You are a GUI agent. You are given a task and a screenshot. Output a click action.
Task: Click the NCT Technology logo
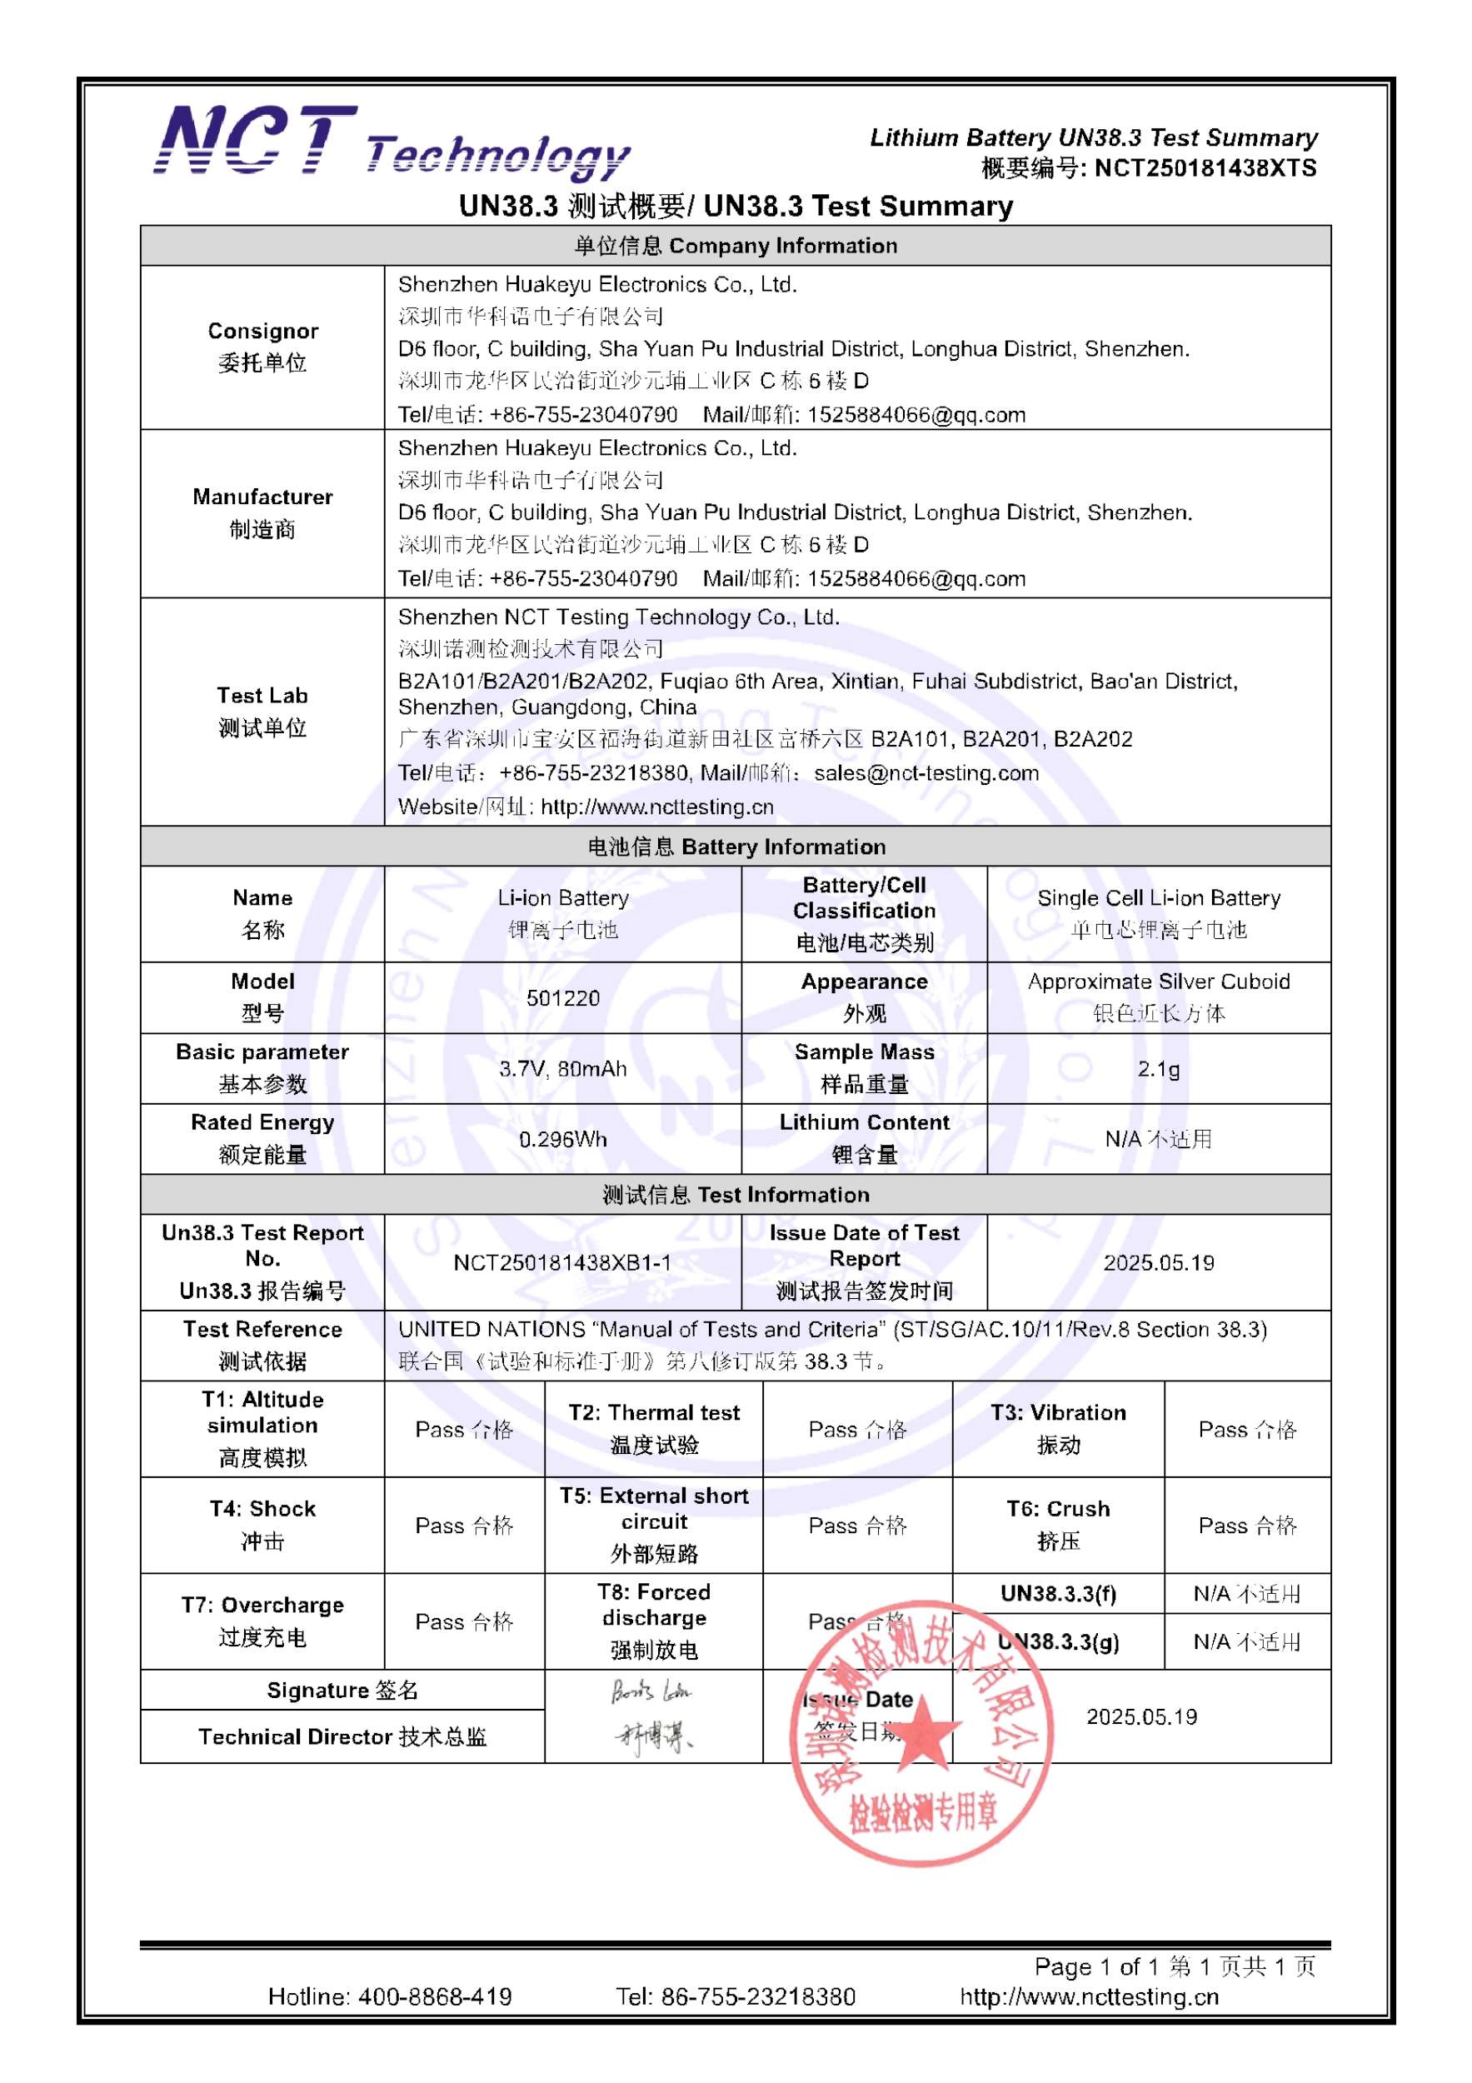click(391, 142)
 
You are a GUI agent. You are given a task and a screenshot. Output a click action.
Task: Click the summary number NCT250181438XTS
click(1205, 167)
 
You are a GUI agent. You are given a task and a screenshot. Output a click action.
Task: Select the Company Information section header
click(736, 246)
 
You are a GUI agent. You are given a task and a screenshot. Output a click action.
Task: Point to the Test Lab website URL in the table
click(656, 807)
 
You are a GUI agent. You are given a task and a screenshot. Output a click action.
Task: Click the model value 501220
click(562, 998)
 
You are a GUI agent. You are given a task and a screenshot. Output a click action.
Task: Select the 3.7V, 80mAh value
click(562, 1069)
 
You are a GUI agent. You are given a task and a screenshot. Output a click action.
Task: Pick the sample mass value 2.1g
click(1158, 1069)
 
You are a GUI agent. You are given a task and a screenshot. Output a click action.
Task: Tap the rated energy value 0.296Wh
click(562, 1140)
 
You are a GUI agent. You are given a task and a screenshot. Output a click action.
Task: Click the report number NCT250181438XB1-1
click(562, 1263)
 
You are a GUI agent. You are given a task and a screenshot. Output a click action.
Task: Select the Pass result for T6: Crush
click(1247, 1526)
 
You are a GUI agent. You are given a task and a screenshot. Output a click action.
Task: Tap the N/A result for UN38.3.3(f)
click(1247, 1594)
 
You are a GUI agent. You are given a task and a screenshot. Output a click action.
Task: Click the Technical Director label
click(342, 1736)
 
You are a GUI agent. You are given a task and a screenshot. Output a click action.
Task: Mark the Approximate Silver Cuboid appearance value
click(1158, 982)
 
